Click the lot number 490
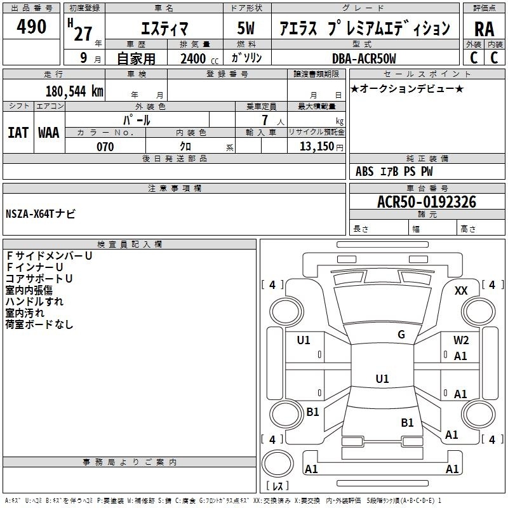pos(31,27)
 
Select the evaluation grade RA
pos(484,29)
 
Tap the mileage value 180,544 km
pos(74,91)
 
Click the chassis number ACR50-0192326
pos(427,202)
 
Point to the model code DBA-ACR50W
pos(364,58)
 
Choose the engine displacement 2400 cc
pos(199,58)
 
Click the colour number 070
pos(105,147)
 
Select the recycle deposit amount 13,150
pos(317,147)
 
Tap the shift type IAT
pos(18,133)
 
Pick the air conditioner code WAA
pos(49,133)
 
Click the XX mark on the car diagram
pos(461,291)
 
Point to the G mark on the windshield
pos(401,334)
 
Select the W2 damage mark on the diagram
pos(461,340)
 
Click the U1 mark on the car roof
pos(382,378)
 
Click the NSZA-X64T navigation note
pos(41,214)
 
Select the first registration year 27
pos(83,34)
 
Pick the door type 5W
pos(246,28)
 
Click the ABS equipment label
pos(364,171)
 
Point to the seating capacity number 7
pos(265,120)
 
